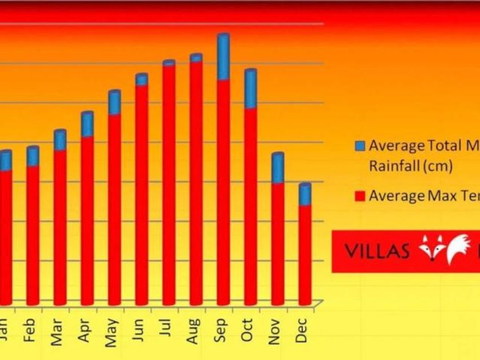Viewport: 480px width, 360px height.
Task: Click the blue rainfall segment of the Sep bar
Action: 223,57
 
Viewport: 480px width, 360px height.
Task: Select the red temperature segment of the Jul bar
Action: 169,183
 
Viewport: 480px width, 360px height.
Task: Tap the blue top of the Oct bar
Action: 250,89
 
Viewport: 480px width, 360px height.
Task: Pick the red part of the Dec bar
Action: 305,254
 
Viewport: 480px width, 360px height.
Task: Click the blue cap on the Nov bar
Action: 278,168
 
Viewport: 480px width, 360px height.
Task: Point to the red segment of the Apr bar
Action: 87,220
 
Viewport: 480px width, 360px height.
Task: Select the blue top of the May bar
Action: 114,102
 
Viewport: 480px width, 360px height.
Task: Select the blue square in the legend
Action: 360,146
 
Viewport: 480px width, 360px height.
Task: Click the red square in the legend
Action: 360,197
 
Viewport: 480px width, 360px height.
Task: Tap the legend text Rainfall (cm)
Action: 410,166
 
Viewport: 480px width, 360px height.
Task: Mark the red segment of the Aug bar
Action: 196,183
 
